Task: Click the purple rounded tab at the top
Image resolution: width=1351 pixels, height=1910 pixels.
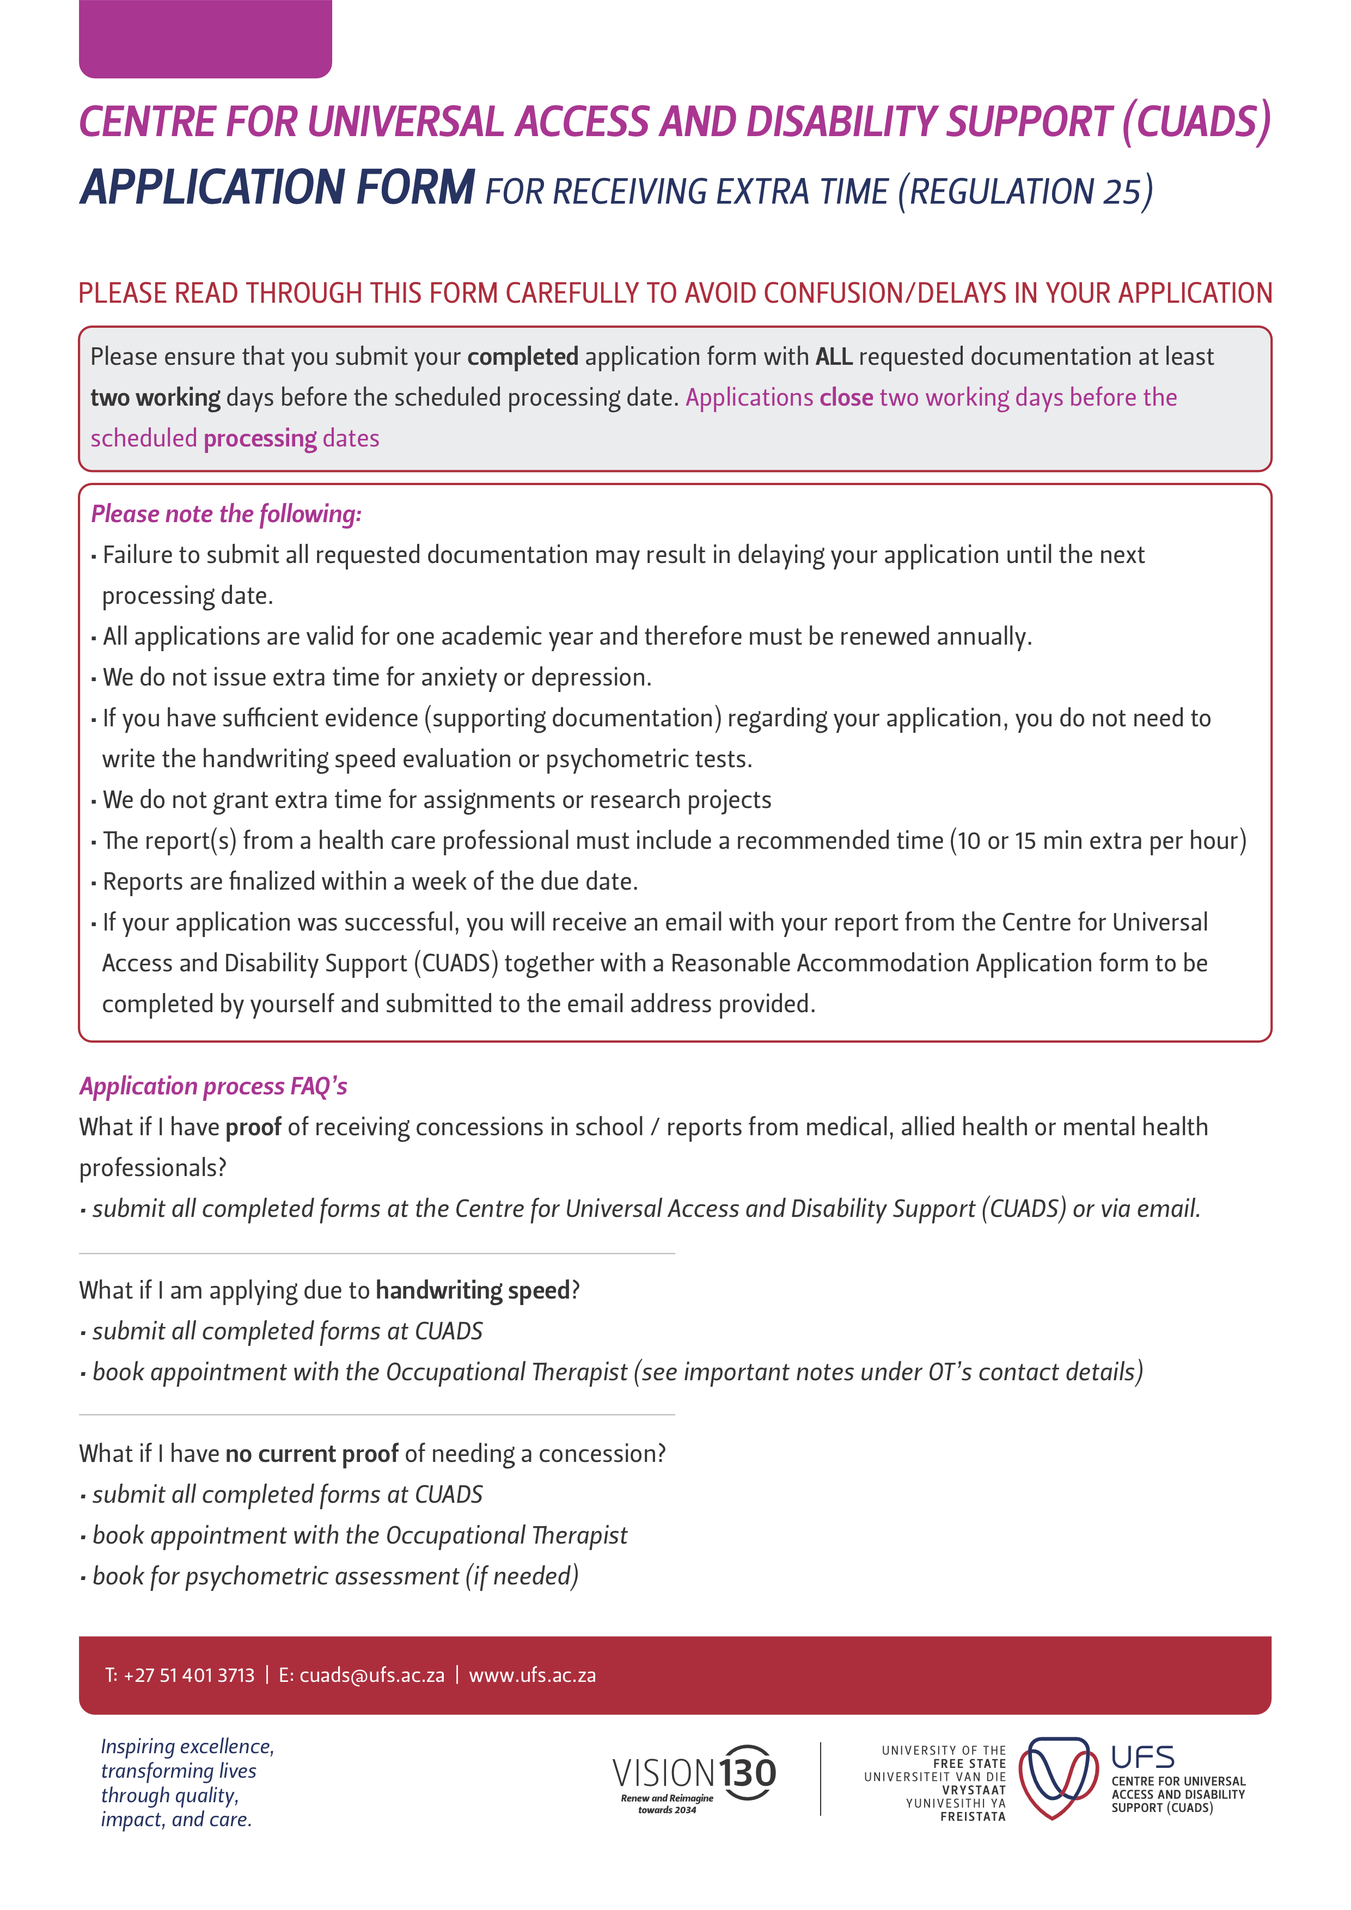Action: [x=205, y=39]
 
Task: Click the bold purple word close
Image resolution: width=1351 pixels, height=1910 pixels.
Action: [x=846, y=397]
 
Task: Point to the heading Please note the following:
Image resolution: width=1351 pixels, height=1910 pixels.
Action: [x=225, y=514]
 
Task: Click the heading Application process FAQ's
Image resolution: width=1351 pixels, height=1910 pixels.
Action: [x=213, y=1086]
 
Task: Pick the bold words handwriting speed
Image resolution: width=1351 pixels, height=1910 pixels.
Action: [x=473, y=1290]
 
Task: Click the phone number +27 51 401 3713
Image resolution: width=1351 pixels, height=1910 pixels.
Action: [x=189, y=1675]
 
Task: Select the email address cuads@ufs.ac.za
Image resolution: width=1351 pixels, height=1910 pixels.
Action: [x=372, y=1675]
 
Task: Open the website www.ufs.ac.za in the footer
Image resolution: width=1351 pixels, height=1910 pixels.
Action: [x=533, y=1675]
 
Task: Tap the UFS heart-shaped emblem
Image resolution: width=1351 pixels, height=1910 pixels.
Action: [x=1053, y=1778]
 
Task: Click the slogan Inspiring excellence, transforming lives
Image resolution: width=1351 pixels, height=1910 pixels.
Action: [x=187, y=1759]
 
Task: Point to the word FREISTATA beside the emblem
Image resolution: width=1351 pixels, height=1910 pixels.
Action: [x=973, y=1817]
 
